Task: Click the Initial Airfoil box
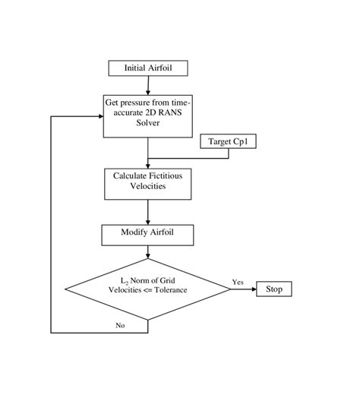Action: tap(147, 68)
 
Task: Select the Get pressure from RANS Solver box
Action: tap(147, 115)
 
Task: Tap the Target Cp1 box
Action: tap(229, 141)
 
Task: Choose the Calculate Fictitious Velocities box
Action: tap(147, 182)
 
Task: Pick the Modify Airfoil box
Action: tap(147, 233)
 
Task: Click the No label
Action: tap(119, 325)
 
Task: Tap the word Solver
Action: tap(147, 123)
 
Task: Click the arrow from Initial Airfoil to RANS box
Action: tap(147, 85)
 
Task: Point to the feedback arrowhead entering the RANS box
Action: tap(99, 115)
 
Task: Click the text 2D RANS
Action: tap(156, 112)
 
